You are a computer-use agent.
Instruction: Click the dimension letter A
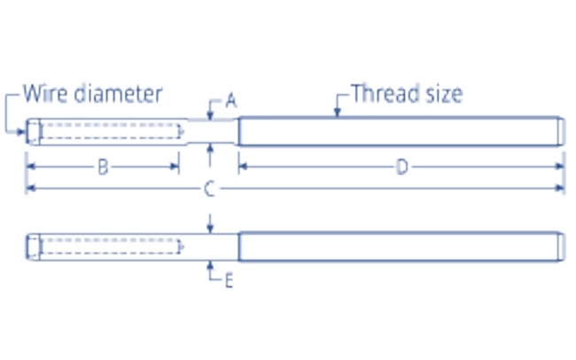231,101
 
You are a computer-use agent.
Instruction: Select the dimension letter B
103,168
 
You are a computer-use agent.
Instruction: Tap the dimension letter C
209,189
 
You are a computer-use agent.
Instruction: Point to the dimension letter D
401,168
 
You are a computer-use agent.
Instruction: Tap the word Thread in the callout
383,93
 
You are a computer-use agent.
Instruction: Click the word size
441,93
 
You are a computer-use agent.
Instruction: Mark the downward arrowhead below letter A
209,116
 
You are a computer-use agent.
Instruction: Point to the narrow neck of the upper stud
210,132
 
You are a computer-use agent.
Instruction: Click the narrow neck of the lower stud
210,245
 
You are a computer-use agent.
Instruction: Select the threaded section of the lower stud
399,245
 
